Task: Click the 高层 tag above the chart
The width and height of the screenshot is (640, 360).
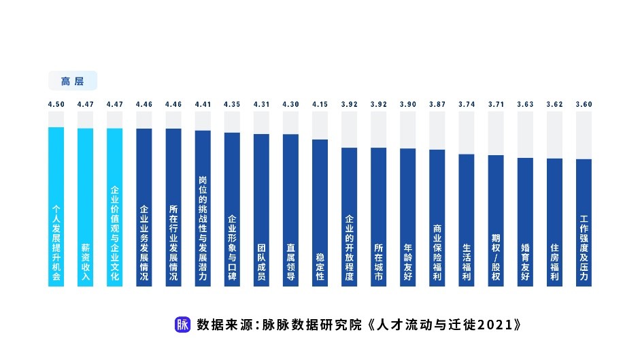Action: point(72,81)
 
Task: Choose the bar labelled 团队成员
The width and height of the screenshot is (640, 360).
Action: point(261,210)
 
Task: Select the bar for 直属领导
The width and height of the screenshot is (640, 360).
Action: point(290,210)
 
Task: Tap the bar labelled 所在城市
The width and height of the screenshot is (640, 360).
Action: point(378,217)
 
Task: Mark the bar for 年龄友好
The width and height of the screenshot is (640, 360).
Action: point(407,218)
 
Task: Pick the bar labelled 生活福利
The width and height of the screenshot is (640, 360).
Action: point(466,220)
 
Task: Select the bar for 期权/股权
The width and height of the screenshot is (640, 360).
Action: point(495,221)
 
